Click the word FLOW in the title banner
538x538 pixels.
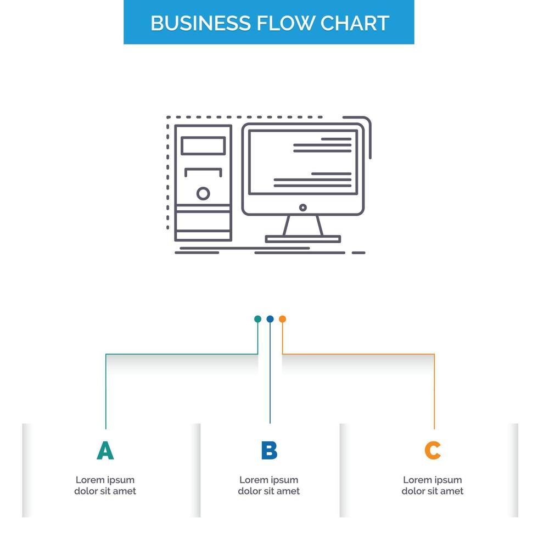pos(284,23)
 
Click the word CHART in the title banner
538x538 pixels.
pos(355,23)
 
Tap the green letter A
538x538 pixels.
pos(105,451)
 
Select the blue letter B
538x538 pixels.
pos(269,451)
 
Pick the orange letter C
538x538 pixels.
pos(433,451)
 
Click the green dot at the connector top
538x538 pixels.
pos(257,319)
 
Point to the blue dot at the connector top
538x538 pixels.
pos(270,319)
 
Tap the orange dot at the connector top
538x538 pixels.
pos(282,319)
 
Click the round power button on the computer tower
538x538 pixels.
pos(203,193)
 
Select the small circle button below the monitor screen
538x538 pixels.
pos(302,208)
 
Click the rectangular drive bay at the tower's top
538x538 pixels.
pos(203,145)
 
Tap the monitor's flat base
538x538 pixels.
pos(302,239)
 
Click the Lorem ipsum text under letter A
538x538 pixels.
pos(105,485)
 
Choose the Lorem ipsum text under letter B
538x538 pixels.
pos(269,485)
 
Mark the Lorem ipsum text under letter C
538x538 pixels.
pos(433,485)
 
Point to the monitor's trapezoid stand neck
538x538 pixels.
pos(302,225)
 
